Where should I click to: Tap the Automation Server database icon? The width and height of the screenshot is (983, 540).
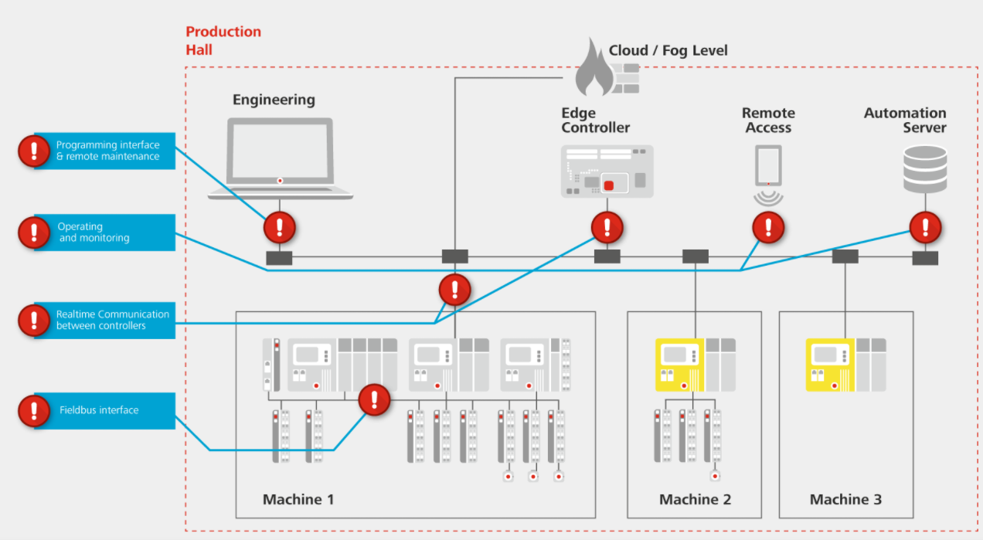[924, 171]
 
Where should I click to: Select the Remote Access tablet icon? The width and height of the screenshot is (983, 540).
[768, 166]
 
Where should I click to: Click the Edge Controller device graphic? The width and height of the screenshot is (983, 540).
[607, 171]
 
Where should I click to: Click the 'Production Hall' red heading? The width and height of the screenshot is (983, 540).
[223, 40]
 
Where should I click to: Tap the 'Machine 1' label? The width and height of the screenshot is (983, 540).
[298, 499]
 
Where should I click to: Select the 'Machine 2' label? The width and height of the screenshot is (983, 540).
[695, 499]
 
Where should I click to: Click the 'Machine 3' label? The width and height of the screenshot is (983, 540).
[845, 499]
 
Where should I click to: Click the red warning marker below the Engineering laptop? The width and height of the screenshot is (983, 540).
[279, 227]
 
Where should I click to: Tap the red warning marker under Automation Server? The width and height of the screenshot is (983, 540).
[925, 227]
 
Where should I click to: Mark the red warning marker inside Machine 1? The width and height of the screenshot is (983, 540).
[375, 399]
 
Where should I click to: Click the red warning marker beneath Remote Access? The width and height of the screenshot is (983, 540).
[768, 227]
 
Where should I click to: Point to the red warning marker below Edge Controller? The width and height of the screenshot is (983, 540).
[607, 227]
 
